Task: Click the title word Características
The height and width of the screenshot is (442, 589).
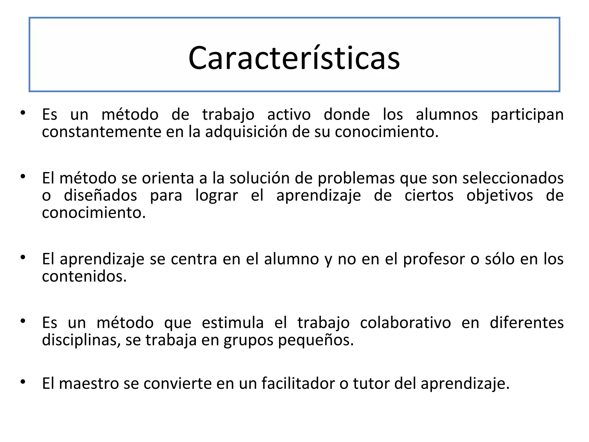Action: [294, 58]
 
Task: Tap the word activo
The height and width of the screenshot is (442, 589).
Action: [289, 115]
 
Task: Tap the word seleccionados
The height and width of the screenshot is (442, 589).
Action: [513, 178]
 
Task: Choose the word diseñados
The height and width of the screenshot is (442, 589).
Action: [100, 196]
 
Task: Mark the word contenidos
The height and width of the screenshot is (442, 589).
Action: [84, 276]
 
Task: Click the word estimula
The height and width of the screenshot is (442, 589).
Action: [233, 323]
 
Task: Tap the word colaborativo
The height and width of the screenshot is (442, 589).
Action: [405, 323]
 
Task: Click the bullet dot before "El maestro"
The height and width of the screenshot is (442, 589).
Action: [23, 382]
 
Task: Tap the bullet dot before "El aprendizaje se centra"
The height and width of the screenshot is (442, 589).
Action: [23, 257]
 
